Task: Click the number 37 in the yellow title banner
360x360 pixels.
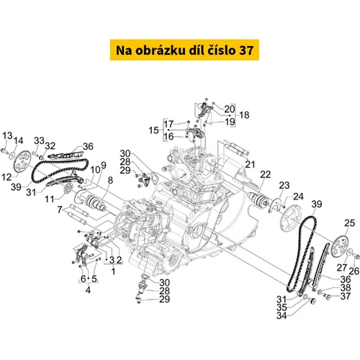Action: (246, 50)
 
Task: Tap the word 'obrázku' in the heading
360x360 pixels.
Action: (158, 50)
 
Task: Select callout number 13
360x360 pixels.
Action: (7, 135)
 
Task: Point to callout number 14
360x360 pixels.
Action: (18, 140)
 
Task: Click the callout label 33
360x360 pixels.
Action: (39, 140)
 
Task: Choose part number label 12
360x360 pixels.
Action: (6, 177)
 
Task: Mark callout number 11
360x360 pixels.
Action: (50, 199)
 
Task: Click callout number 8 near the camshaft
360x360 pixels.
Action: (110, 180)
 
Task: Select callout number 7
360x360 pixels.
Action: (60, 210)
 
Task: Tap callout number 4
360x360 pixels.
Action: (88, 290)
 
